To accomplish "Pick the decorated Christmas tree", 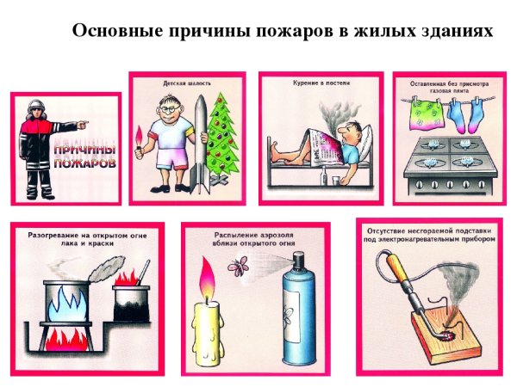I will coord(222,133).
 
